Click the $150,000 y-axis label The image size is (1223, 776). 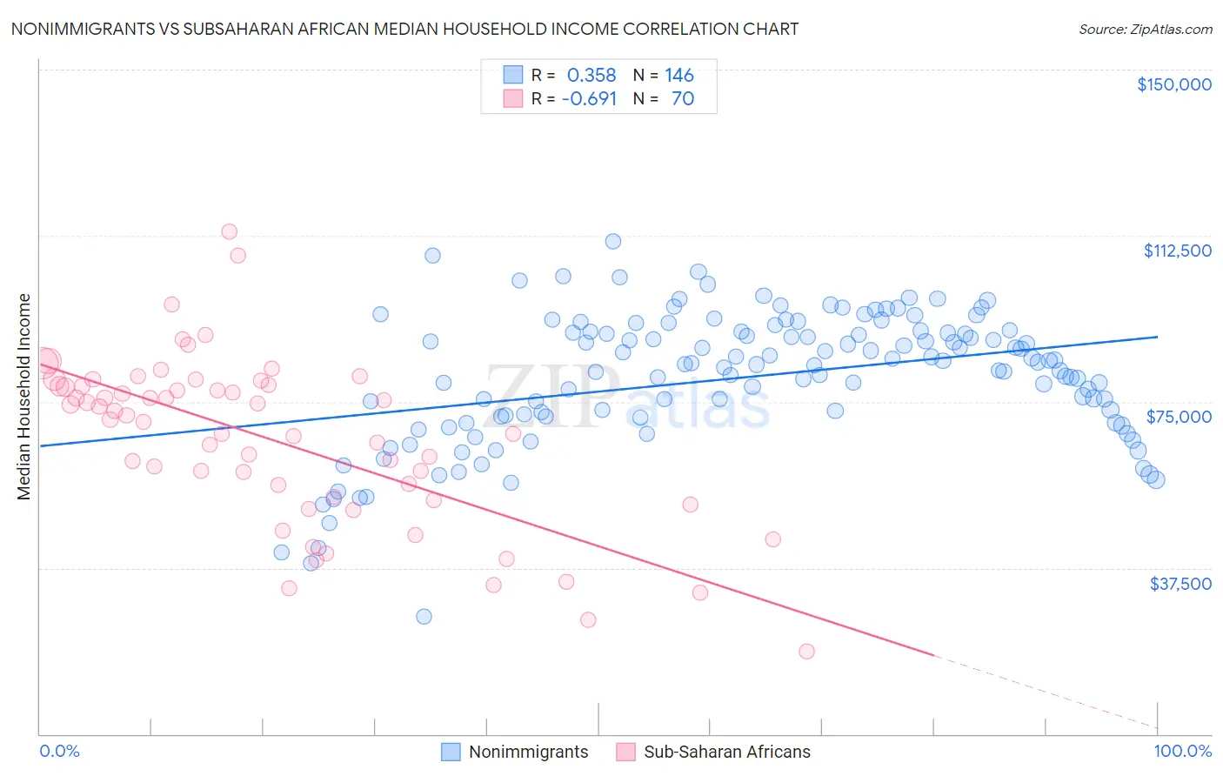(1173, 84)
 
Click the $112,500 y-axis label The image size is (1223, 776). (1177, 251)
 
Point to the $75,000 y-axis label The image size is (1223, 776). (1179, 417)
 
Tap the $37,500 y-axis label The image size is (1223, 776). (1180, 584)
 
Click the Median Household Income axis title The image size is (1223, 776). (24, 397)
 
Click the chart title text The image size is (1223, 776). (404, 29)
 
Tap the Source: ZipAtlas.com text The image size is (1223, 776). (1145, 30)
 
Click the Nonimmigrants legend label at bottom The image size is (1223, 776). (528, 753)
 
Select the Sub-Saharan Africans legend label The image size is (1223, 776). (726, 753)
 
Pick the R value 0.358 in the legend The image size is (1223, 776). (591, 75)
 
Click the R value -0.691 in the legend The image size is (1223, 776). (589, 99)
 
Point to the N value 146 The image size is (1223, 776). (678, 75)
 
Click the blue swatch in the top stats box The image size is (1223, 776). (513, 75)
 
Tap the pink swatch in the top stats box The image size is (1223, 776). (513, 99)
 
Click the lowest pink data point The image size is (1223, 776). (806, 652)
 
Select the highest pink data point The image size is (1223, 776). (230, 231)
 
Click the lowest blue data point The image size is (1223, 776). (424, 617)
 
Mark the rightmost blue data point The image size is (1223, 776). (1156, 479)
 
